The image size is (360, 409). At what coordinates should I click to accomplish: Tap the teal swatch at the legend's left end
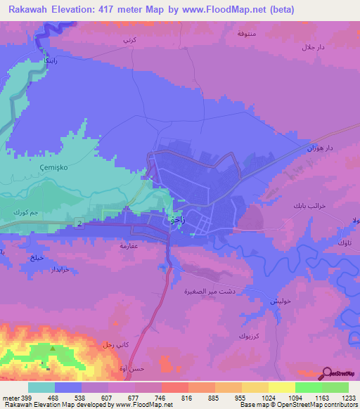pyautogui.click(x=41, y=387)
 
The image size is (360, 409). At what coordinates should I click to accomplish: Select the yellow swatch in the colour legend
pyautogui.click(x=282, y=387)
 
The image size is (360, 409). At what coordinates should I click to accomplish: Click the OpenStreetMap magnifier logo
pyautogui.click(x=328, y=374)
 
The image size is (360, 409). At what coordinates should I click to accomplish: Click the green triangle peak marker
pyautogui.click(x=52, y=349)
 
